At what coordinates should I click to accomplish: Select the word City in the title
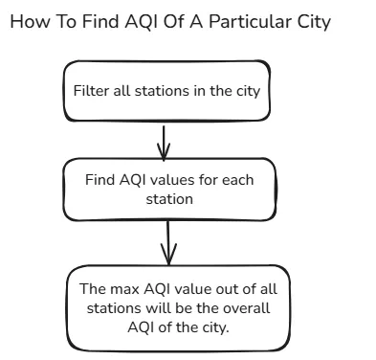point(311,21)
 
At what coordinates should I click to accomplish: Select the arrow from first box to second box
point(164,141)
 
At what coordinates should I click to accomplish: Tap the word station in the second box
point(168,200)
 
